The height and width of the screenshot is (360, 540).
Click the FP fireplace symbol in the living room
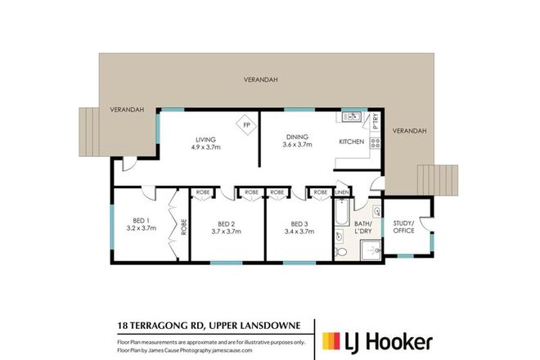[246, 125]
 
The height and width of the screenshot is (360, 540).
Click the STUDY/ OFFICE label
[403, 227]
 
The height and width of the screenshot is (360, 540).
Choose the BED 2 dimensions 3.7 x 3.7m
[227, 232]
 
